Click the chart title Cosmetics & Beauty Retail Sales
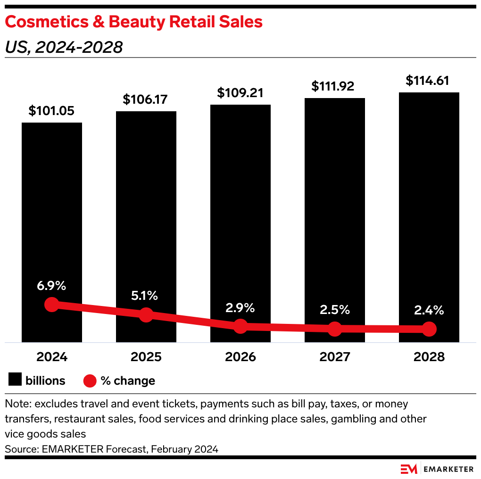133,22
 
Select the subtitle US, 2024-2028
64,47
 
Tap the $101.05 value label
51,111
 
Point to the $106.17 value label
146,99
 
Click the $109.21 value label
240,93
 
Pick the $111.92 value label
334,86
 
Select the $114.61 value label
429,81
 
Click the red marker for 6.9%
51,305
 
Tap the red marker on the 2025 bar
146,315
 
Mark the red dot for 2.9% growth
240,326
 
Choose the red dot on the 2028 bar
429,329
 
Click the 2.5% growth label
334,310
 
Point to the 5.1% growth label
146,296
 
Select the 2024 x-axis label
51,357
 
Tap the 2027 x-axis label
334,357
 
